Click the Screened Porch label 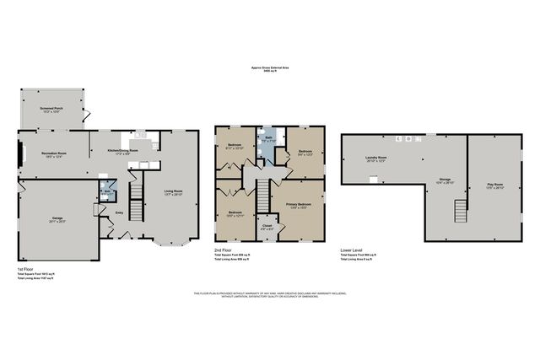point(52,110)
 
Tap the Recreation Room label point(55,154)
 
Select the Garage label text point(57,218)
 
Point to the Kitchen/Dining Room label point(121,153)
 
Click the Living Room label point(173,192)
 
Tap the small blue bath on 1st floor point(107,190)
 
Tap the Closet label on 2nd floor point(267,226)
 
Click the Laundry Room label point(376,158)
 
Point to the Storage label point(444,179)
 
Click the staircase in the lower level point(460,208)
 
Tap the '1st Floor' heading point(26,268)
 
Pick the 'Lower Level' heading point(351,250)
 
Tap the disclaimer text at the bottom point(270,295)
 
